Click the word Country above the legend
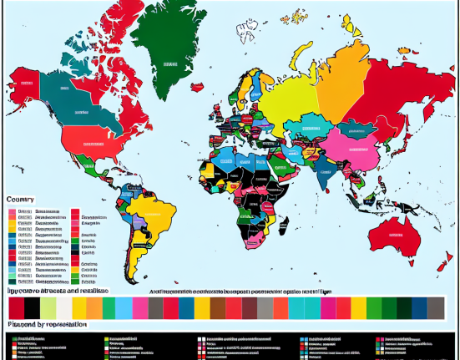coord(21,199)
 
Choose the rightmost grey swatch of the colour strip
coord(435,307)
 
